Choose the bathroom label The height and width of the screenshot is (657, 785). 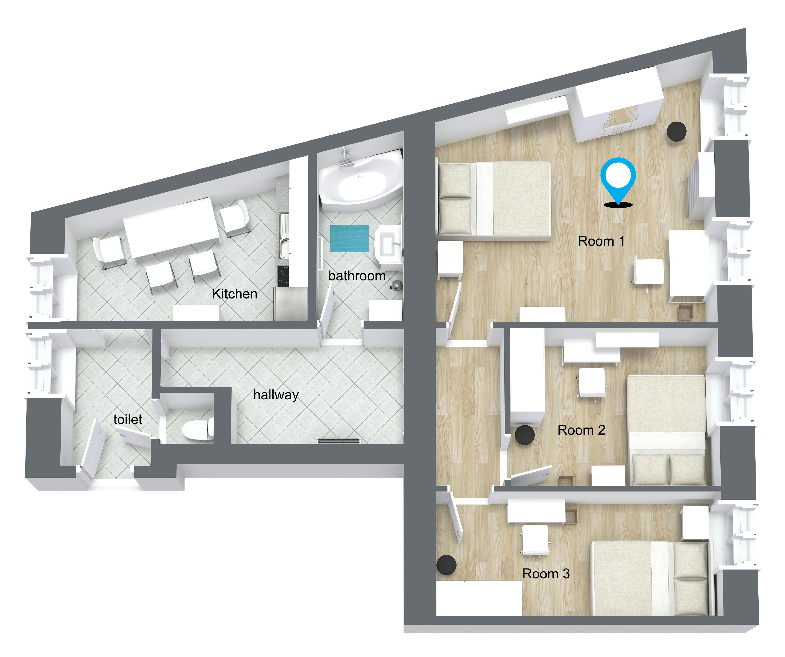[357, 276]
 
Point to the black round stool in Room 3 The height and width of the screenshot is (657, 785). [446, 565]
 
